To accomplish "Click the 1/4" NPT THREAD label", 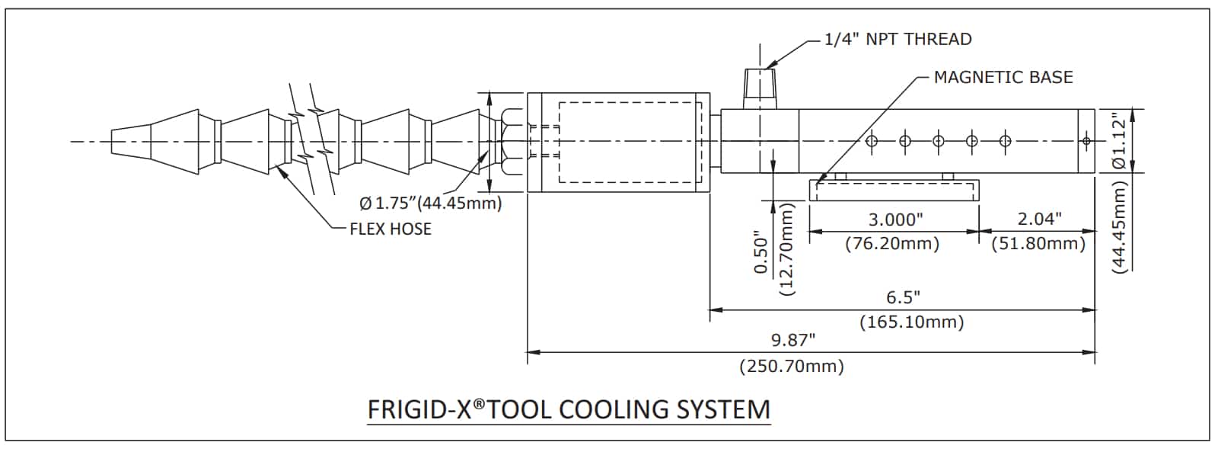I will (x=898, y=39).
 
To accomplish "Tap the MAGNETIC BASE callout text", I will (x=1003, y=77).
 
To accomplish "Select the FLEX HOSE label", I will (x=390, y=229).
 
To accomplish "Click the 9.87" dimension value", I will (x=792, y=338).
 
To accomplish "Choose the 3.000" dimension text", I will (x=895, y=220).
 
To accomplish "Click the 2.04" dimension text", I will (x=1039, y=220).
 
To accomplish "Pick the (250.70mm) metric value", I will (x=792, y=367).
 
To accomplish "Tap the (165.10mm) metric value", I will (x=911, y=322).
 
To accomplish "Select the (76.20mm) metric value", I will (x=892, y=244).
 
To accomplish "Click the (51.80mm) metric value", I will (x=1038, y=244).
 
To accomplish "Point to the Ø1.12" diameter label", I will (x=1118, y=141).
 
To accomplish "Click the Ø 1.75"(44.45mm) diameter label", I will (x=430, y=204).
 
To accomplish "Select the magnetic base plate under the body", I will (x=893, y=190).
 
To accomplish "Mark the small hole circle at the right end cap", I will (x=1086, y=141).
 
